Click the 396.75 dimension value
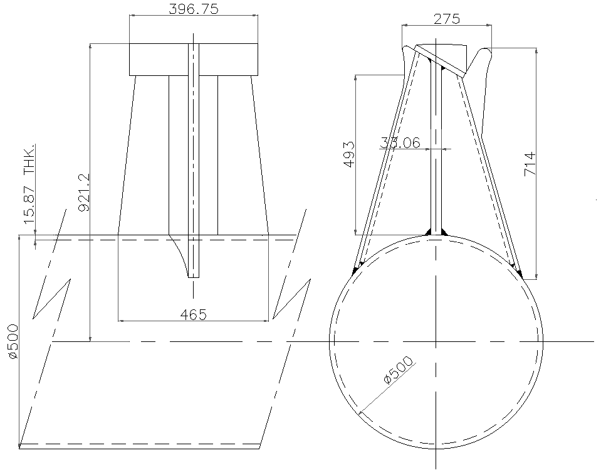coord(193,9)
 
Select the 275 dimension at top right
coord(446,18)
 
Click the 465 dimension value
coord(193,314)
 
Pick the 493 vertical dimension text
coord(348,153)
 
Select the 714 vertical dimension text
coord(530,164)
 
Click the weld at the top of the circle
coord(436,232)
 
